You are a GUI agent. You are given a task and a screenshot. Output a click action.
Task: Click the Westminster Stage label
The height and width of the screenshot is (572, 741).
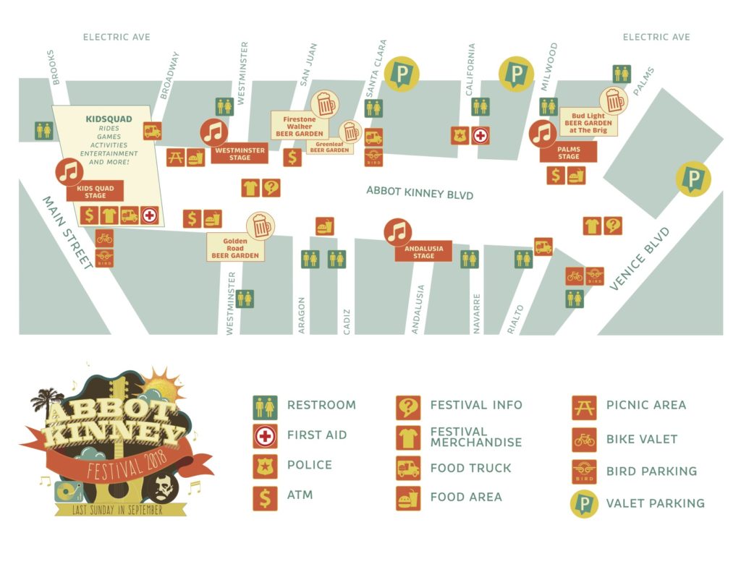click(239, 153)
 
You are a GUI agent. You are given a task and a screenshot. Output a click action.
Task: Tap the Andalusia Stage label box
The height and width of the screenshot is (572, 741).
click(423, 251)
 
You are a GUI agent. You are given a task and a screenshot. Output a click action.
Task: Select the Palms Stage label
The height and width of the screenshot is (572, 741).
click(568, 152)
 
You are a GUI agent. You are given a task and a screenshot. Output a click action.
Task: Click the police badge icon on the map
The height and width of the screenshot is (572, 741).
click(460, 135)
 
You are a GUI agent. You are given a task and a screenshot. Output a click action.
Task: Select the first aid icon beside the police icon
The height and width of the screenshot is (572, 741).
click(481, 135)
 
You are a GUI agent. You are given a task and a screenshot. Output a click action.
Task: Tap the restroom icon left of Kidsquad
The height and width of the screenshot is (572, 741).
click(44, 130)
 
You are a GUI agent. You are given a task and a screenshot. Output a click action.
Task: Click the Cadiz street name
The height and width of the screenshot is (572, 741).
click(346, 319)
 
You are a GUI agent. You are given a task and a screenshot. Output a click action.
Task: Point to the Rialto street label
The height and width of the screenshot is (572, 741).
click(515, 319)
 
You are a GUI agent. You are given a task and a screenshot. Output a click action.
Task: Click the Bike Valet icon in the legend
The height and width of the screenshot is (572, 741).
click(583, 439)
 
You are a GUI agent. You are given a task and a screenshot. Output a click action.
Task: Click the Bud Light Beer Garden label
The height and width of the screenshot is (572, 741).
click(589, 123)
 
